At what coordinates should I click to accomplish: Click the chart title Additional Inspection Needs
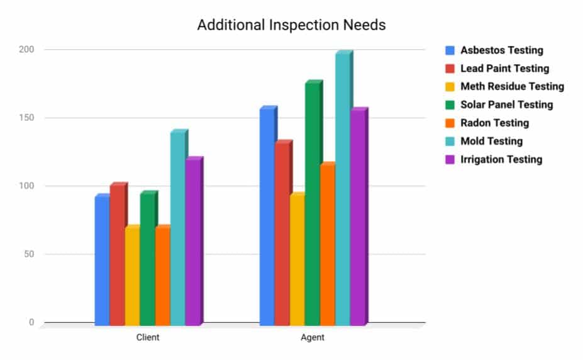[291, 25]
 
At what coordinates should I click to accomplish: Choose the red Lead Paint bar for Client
[117, 255]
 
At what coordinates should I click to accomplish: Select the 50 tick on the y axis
[29, 254]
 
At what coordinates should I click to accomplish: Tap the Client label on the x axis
[148, 337]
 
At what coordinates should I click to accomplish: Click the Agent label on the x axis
[313, 337]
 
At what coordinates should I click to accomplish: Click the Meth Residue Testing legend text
[512, 87]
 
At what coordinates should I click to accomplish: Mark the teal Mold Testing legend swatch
[450, 141]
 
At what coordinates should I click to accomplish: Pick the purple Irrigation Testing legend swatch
[450, 159]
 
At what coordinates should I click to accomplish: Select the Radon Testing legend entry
[494, 123]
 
